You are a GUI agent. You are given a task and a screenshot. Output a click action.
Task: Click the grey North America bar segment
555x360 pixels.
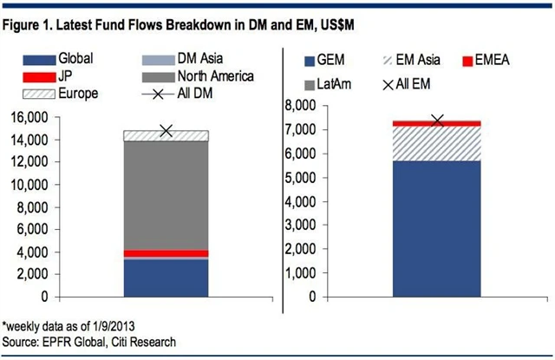pyautogui.click(x=166, y=195)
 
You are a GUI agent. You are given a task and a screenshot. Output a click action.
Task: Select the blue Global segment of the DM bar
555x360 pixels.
pyautogui.click(x=166, y=278)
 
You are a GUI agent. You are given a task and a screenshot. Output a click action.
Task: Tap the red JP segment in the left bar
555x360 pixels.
pyautogui.click(x=166, y=253)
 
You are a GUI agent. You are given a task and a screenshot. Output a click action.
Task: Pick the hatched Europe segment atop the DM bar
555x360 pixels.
pyautogui.click(x=166, y=135)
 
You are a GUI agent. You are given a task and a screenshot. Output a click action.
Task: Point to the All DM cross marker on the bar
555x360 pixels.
pyautogui.click(x=166, y=131)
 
